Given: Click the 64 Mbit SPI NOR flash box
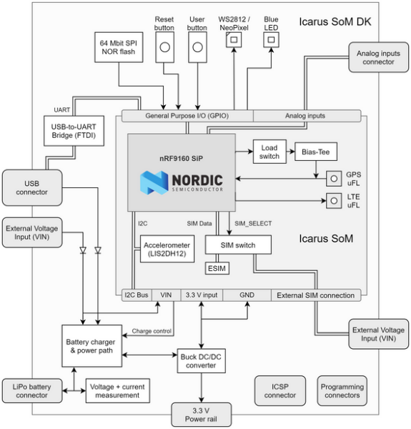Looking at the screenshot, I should click(118, 48).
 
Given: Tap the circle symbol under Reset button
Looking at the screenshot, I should click(165, 48).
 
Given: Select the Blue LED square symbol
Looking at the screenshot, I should click(271, 41).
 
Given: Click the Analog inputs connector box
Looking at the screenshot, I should click(378, 57).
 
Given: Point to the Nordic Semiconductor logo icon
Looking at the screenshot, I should click(154, 182).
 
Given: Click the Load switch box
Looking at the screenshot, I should click(269, 151).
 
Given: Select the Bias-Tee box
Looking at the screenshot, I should click(315, 151).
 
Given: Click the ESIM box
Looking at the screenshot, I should click(215, 268).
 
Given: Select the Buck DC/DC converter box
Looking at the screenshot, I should click(201, 362).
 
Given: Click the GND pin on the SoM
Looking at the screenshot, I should click(247, 295).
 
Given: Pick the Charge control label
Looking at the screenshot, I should click(152, 330).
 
